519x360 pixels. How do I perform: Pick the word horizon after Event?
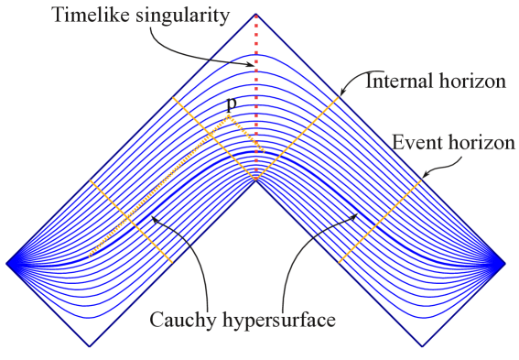(x=480, y=143)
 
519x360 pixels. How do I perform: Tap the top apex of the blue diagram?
(x=256, y=14)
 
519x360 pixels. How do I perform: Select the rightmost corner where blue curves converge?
(x=505, y=264)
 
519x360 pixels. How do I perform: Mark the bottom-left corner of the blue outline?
(x=90, y=346)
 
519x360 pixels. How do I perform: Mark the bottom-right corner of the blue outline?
(x=423, y=346)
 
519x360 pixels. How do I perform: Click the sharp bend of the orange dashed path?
(x=228, y=115)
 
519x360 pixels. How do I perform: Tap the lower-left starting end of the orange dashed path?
(x=90, y=256)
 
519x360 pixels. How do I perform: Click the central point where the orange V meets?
(x=256, y=179)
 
